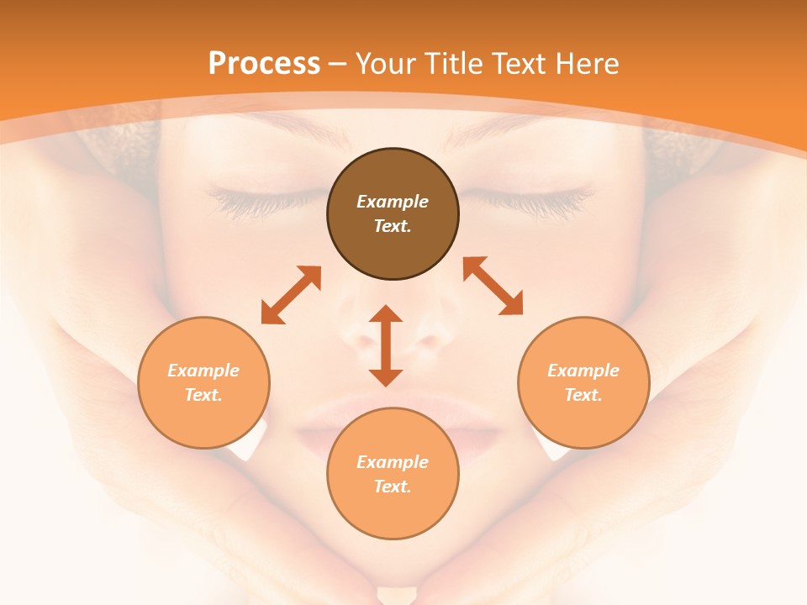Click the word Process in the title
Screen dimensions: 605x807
[264, 64]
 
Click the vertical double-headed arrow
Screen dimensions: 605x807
[386, 345]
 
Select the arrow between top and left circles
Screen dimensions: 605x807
[291, 295]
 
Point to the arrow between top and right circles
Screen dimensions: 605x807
[493, 287]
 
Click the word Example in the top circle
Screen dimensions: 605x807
[393, 202]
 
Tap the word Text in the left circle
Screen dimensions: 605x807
[203, 395]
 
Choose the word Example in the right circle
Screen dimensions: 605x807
[583, 371]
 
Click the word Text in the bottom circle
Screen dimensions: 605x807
[393, 487]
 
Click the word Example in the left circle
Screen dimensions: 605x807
[203, 371]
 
